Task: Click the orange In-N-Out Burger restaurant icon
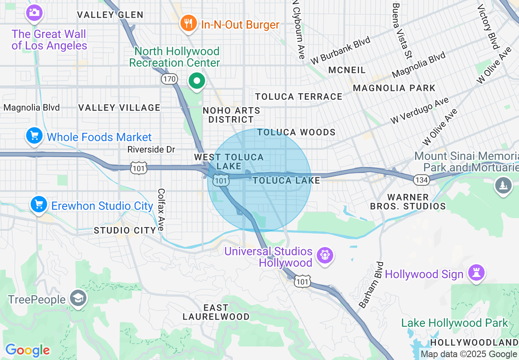click(x=188, y=23)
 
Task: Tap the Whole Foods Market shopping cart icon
click(x=34, y=135)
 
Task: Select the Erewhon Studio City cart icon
click(x=39, y=204)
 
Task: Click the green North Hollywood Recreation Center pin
click(x=197, y=81)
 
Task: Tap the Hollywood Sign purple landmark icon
click(x=476, y=273)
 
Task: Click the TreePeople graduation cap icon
click(x=77, y=298)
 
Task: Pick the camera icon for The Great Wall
click(x=34, y=12)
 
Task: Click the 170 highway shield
click(x=169, y=79)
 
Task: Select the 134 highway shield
click(x=421, y=179)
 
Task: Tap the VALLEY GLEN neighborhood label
click(x=111, y=15)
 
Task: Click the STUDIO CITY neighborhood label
click(x=125, y=230)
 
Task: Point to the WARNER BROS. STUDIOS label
click(x=408, y=202)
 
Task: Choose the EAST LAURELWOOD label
click(x=216, y=312)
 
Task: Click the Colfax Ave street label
click(x=161, y=209)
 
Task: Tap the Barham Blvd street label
click(x=372, y=285)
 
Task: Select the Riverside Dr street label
click(x=151, y=149)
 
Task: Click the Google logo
click(x=27, y=351)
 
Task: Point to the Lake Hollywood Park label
click(x=454, y=323)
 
